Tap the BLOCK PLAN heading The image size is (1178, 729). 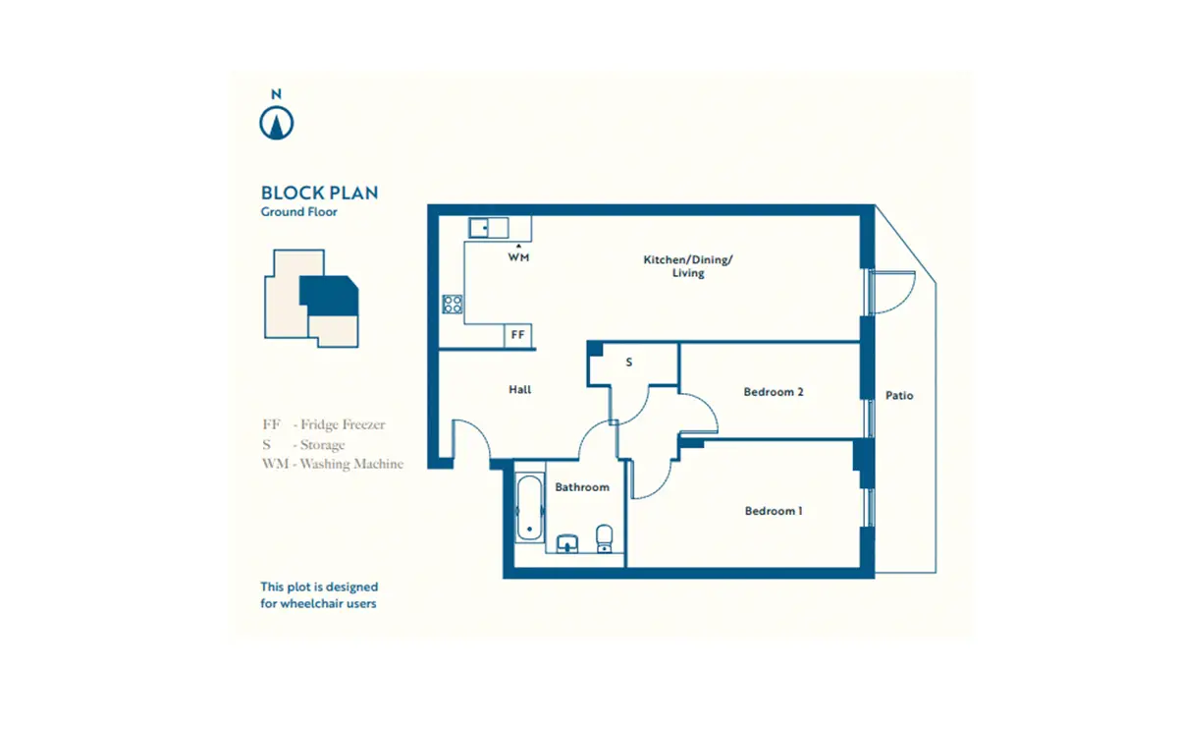(320, 194)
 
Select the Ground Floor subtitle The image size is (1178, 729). (298, 212)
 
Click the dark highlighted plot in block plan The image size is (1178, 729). (330, 296)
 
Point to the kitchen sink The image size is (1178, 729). (489, 228)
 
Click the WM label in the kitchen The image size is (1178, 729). (518, 257)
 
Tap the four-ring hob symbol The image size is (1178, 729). (453, 305)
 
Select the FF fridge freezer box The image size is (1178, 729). (518, 335)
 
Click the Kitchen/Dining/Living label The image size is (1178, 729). (688, 266)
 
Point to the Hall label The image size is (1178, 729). (519, 389)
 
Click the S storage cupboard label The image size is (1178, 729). (629, 363)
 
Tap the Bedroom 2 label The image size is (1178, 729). (774, 392)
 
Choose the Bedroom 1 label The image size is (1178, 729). (774, 511)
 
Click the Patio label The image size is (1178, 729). (899, 395)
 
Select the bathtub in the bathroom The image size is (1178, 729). (529, 508)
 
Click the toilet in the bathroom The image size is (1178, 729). (605, 538)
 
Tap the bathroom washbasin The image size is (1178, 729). (567, 543)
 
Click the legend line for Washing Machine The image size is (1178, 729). (333, 464)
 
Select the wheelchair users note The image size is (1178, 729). (319, 595)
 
